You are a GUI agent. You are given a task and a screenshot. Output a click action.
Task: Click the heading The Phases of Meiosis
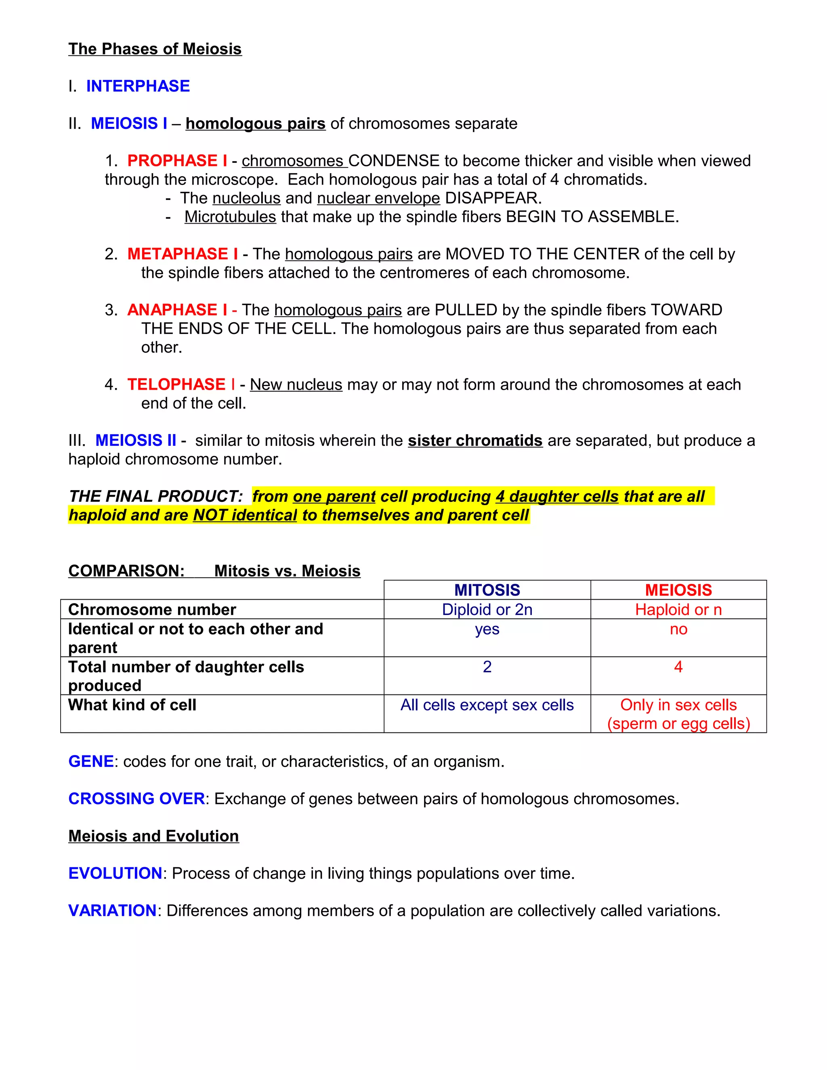155,49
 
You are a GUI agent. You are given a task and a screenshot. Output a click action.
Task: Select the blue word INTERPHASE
138,86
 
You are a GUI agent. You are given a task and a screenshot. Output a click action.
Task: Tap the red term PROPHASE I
177,161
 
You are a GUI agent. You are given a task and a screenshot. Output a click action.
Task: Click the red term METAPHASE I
182,254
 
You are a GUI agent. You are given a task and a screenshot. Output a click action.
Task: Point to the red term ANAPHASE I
177,310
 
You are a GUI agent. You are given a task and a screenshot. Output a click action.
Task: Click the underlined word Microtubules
230,216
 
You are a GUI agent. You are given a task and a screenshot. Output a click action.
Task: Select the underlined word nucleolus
246,198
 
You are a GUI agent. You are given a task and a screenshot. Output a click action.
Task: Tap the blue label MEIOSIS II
136,440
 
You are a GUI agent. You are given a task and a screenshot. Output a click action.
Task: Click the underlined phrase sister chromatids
475,441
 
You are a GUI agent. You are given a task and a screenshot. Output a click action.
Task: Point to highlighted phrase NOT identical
245,515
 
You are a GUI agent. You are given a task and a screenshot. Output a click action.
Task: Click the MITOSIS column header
487,590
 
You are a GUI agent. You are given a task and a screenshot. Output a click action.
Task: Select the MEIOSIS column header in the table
678,590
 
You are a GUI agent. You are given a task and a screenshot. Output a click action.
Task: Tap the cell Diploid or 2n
487,609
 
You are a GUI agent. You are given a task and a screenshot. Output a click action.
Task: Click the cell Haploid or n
678,609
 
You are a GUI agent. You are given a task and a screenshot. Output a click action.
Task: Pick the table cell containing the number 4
678,667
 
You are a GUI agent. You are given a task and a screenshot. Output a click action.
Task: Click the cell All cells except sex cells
487,705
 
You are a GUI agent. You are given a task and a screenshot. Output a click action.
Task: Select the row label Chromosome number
152,609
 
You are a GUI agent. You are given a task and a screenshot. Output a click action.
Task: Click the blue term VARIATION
112,910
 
